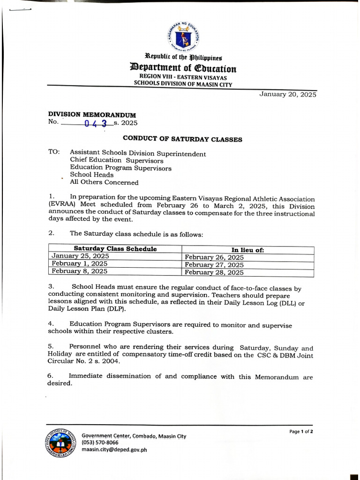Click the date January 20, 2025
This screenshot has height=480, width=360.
click(x=288, y=94)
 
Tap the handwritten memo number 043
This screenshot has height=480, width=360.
click(x=96, y=124)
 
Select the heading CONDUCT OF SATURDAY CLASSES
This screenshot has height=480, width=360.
click(x=182, y=139)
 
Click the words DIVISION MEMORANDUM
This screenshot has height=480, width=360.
click(x=92, y=114)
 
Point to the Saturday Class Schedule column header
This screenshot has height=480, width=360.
click(x=115, y=249)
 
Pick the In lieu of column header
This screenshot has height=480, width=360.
click(x=247, y=250)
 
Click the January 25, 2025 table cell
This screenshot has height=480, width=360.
click(x=80, y=256)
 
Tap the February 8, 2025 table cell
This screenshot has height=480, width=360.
click(x=79, y=271)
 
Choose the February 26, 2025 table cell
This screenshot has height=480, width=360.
click(x=214, y=257)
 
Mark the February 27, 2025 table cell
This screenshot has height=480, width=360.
click(x=214, y=265)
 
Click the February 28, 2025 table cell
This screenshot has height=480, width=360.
click(x=214, y=272)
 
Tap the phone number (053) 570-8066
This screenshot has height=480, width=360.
click(x=100, y=442)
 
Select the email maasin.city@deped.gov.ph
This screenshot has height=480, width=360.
click(x=114, y=450)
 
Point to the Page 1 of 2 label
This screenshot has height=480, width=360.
click(x=301, y=431)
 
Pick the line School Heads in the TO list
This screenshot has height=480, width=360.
click(x=91, y=175)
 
